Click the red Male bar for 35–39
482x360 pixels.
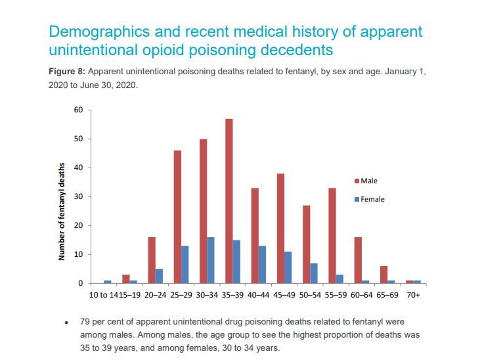click(x=229, y=201)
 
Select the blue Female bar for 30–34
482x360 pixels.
click(x=211, y=260)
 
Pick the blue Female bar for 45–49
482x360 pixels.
click(x=288, y=267)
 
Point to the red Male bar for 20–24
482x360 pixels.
click(x=152, y=260)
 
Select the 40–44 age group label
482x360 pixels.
click(x=258, y=295)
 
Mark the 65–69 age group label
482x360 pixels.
click(x=386, y=295)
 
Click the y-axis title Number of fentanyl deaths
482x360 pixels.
click(x=62, y=211)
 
